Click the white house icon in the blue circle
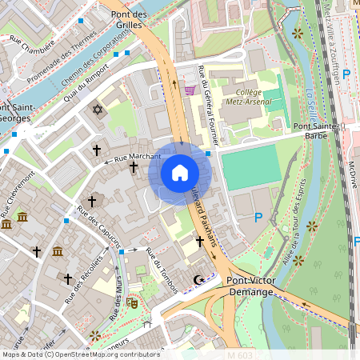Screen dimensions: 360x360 click(x=179, y=172)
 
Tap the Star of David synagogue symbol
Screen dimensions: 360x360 click(x=98, y=109)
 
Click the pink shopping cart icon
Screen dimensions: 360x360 click(x=190, y=90)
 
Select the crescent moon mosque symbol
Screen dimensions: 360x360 click(x=199, y=279)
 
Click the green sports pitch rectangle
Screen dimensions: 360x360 click(x=251, y=167)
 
